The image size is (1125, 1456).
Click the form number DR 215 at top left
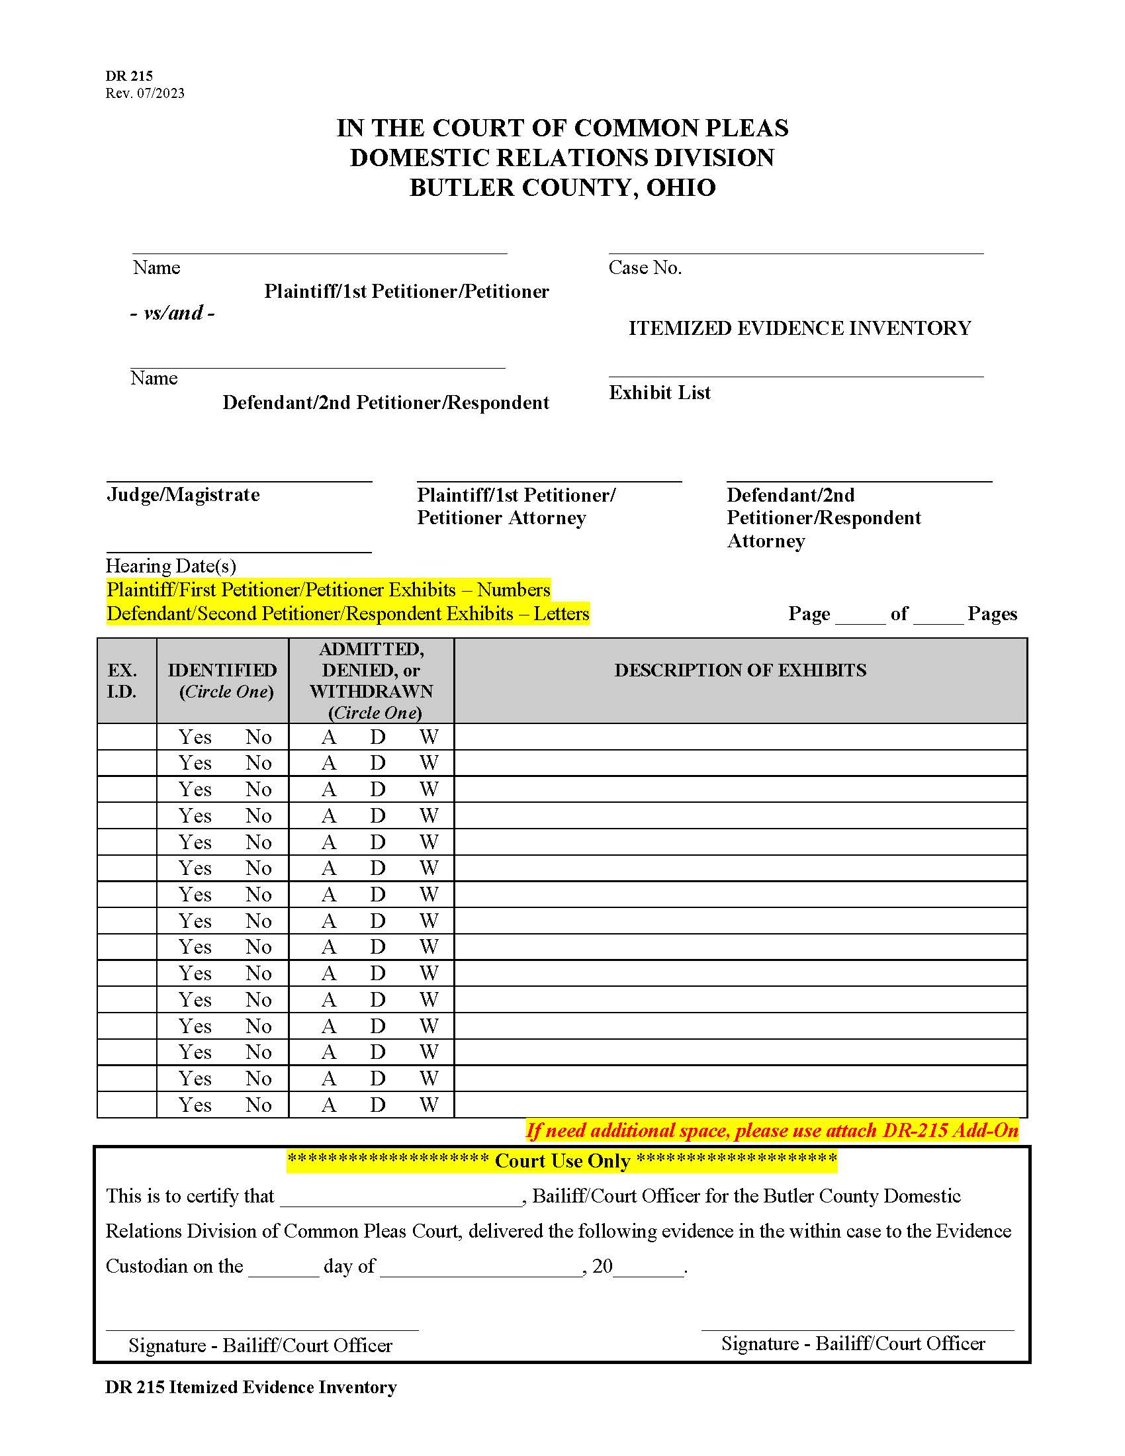click(x=128, y=76)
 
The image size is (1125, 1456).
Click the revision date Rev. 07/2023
click(x=145, y=93)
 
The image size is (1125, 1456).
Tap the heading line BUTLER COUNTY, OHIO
click(x=562, y=188)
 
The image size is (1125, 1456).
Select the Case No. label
click(x=645, y=268)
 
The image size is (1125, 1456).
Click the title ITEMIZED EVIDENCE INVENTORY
click(x=799, y=328)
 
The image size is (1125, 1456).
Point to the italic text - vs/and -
click(x=172, y=313)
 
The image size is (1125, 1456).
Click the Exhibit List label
click(x=659, y=392)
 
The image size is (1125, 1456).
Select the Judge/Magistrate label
click(x=183, y=494)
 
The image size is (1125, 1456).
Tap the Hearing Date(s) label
click(x=171, y=566)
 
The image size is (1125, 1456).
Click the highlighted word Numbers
click(x=513, y=590)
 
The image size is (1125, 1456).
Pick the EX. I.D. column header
click(x=122, y=680)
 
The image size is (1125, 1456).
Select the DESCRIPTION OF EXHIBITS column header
click(x=740, y=670)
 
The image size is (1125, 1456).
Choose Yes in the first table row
click(x=195, y=737)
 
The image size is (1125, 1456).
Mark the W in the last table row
click(x=429, y=1105)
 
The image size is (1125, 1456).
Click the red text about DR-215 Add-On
click(x=772, y=1130)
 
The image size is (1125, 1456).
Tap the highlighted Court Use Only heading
click(x=562, y=1161)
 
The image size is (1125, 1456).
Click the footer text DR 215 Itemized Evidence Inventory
click(x=251, y=1387)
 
